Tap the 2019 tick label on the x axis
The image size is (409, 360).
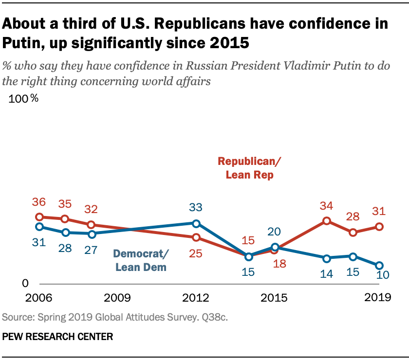377,297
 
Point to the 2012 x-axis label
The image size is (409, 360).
196,297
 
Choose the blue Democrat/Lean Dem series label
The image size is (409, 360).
141,260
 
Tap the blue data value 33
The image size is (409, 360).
196,208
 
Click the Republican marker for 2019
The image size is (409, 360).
379,227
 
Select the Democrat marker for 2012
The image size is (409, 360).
196,223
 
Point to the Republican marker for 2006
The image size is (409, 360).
39,217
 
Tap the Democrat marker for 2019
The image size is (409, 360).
379,265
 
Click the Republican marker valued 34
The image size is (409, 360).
326,221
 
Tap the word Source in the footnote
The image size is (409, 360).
16,317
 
